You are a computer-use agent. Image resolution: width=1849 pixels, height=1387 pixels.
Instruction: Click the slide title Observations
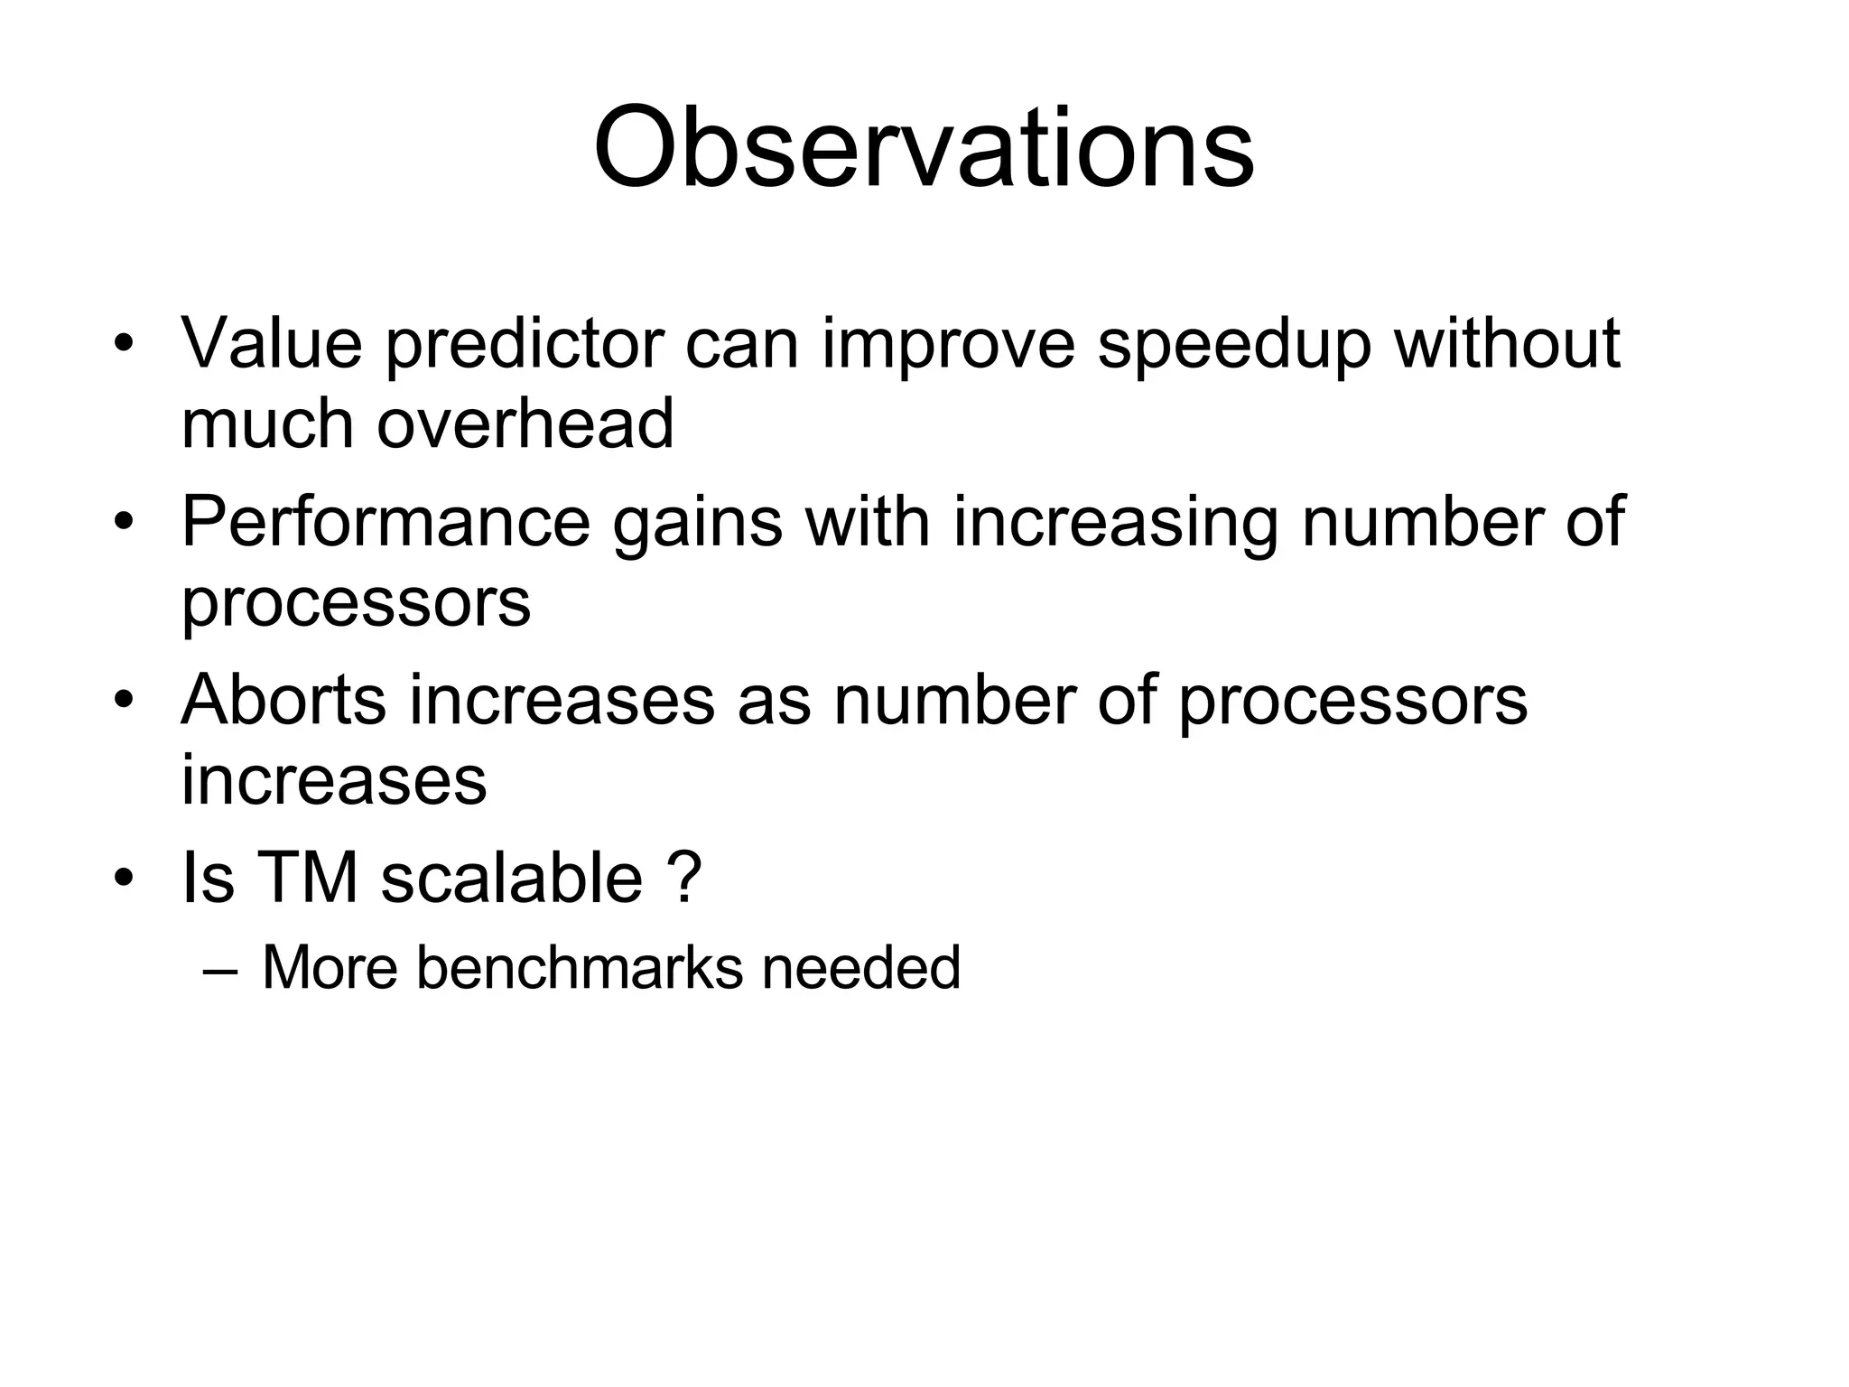pyautogui.click(x=923, y=148)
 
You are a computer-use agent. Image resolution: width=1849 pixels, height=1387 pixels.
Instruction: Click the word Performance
pyautogui.click(x=385, y=522)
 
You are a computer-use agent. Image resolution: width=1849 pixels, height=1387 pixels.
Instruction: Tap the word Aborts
pyautogui.click(x=283, y=700)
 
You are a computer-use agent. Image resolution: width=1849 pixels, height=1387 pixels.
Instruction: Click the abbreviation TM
pyautogui.click(x=308, y=878)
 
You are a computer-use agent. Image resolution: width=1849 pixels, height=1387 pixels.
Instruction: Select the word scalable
pyautogui.click(x=511, y=878)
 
